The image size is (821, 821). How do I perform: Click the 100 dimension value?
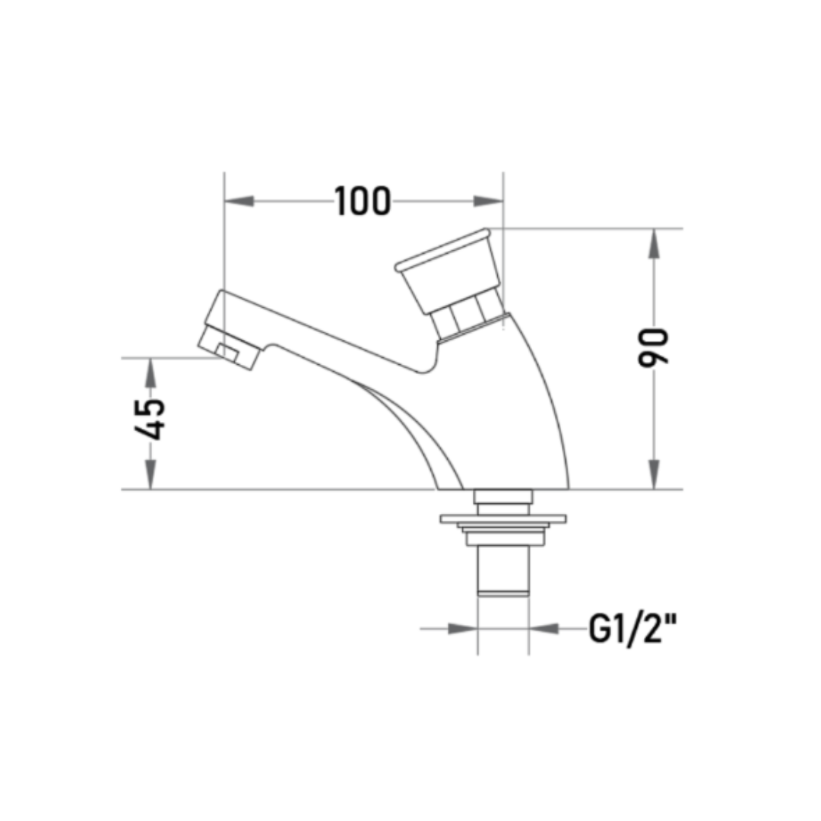(x=363, y=201)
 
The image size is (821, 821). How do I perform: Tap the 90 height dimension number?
(x=654, y=347)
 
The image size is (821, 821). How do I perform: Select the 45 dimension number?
(x=151, y=419)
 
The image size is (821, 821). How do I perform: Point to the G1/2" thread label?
(x=632, y=629)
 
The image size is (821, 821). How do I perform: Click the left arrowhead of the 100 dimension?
(x=239, y=201)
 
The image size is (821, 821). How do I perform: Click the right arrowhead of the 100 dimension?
(x=489, y=201)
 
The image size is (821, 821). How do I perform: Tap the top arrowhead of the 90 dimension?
(x=654, y=243)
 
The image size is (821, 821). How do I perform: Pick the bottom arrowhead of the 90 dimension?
(x=654, y=474)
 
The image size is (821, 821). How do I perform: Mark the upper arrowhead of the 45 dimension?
(x=151, y=372)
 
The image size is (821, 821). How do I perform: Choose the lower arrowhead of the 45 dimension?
(x=151, y=474)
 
